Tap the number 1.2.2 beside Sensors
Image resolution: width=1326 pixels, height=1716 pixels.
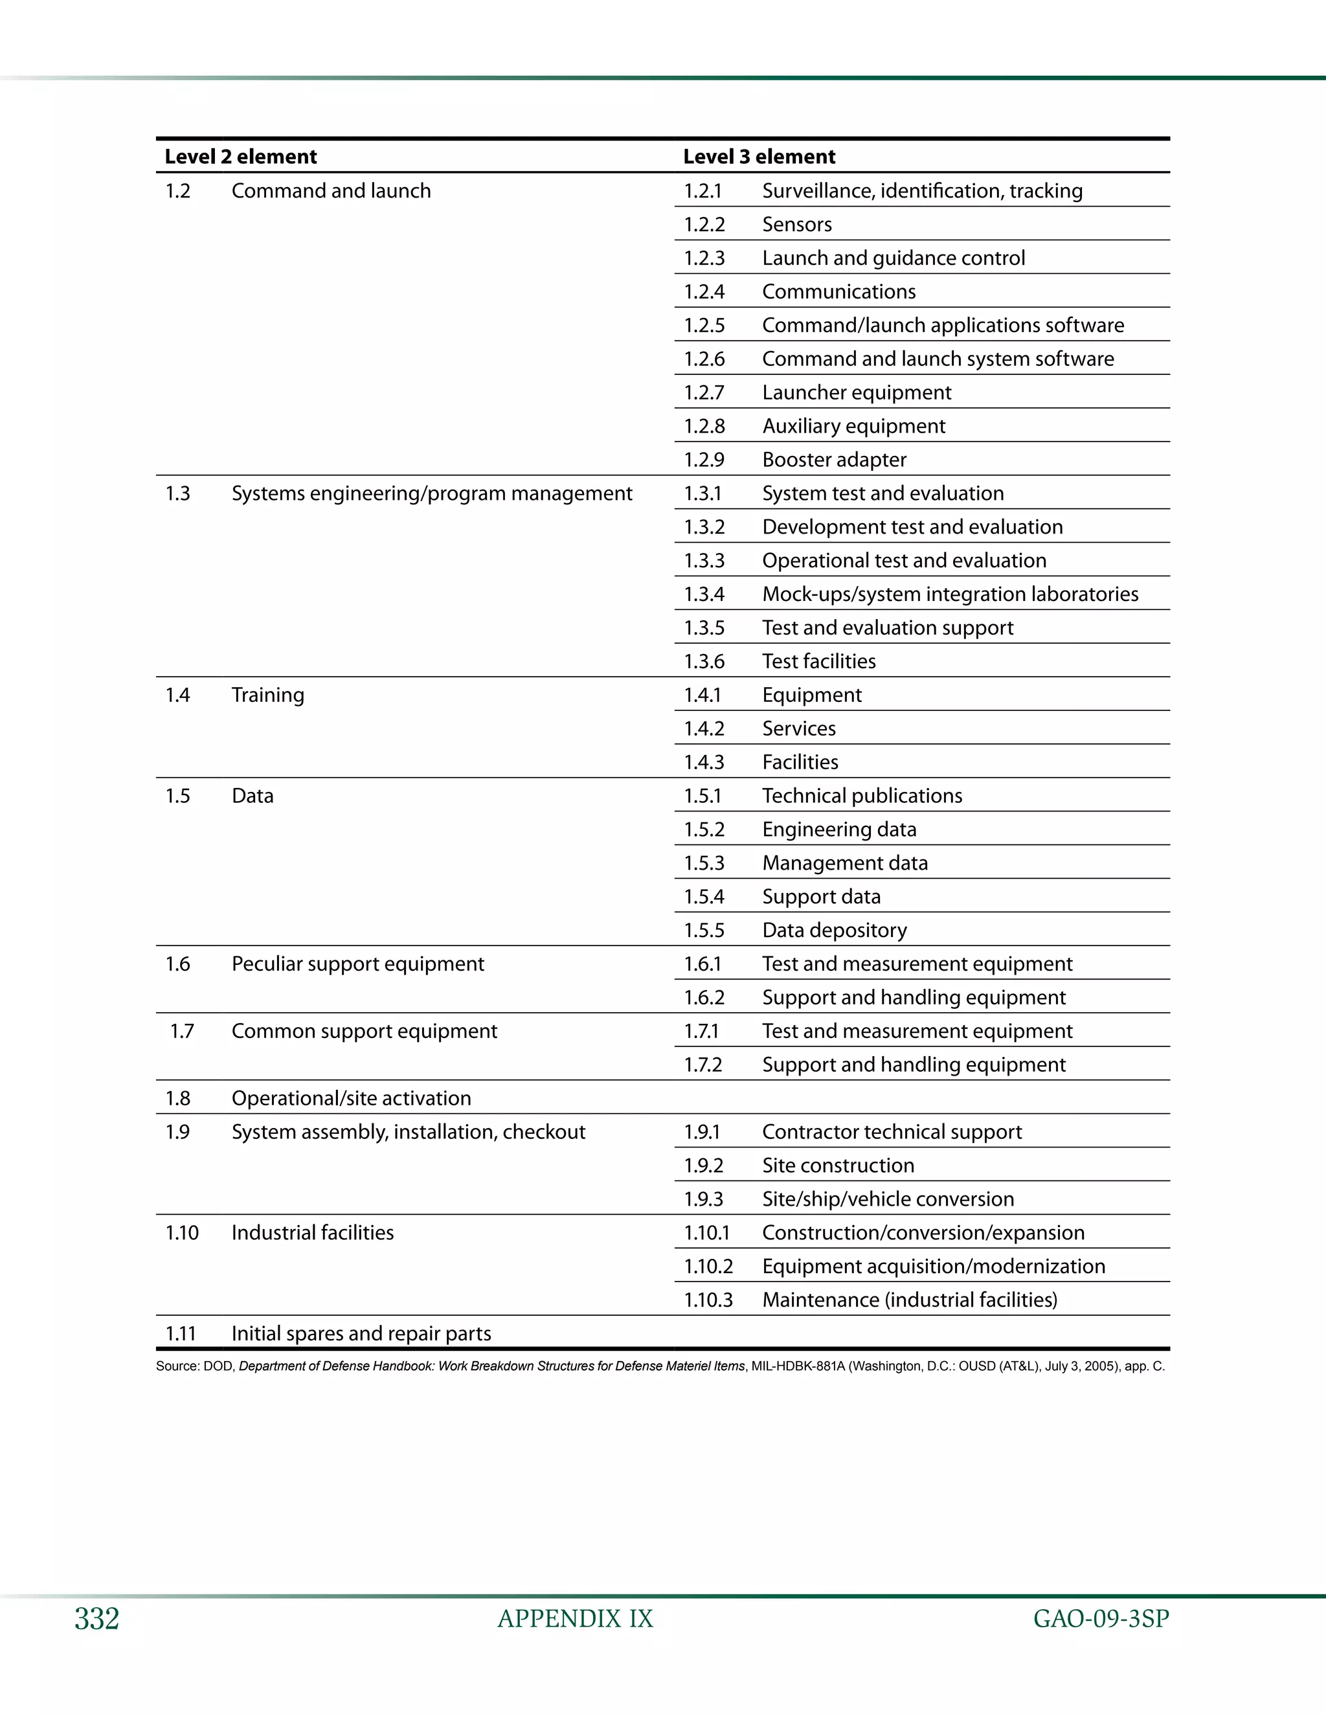(x=704, y=225)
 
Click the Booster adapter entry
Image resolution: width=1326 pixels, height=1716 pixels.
(x=833, y=460)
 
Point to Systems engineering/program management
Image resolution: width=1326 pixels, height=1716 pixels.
(x=431, y=493)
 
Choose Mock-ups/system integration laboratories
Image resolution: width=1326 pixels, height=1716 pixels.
(x=950, y=594)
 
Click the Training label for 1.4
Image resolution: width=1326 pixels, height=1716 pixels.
(x=268, y=695)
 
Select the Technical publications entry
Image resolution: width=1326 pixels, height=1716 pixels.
(x=862, y=796)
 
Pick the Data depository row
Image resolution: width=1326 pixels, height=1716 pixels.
(x=834, y=931)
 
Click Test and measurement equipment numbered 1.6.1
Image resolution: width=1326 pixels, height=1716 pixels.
(x=917, y=964)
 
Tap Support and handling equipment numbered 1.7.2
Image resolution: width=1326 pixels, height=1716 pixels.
(x=914, y=1065)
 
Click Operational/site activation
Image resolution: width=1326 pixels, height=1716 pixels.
(x=351, y=1098)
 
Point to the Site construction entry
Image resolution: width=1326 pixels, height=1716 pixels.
(x=838, y=1165)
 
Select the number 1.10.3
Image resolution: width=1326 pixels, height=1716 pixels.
(x=708, y=1300)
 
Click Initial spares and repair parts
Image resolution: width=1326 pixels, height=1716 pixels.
(x=361, y=1333)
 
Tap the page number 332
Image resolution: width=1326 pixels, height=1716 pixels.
(x=96, y=1619)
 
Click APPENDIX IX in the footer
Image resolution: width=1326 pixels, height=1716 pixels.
(x=575, y=1619)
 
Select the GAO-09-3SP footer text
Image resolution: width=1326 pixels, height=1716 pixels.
(x=1101, y=1619)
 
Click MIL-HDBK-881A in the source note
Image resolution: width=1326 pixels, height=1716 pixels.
(x=797, y=1366)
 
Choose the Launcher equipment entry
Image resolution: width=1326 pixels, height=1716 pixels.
(x=856, y=393)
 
